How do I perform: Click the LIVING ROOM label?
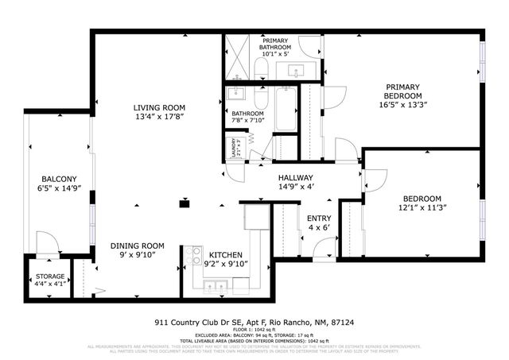click(x=159, y=108)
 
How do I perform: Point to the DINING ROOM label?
click(x=137, y=246)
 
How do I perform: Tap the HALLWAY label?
click(x=295, y=178)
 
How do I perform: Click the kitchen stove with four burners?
click(x=193, y=255)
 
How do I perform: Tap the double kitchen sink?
click(x=216, y=285)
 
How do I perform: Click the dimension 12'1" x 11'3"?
click(x=421, y=208)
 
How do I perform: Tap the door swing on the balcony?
click(x=46, y=243)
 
